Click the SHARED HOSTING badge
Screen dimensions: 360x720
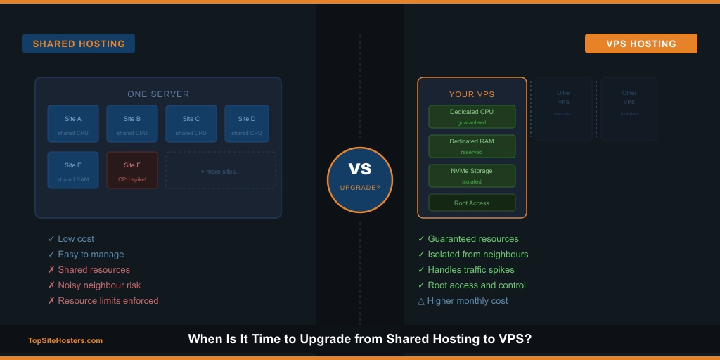coord(79,44)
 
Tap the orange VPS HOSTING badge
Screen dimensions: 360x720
coord(641,44)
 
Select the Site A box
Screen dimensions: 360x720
coord(73,124)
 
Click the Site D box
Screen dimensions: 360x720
coord(247,124)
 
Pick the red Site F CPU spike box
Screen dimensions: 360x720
coord(132,171)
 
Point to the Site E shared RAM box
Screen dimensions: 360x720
coord(73,171)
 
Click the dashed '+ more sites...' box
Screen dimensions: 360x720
coord(220,171)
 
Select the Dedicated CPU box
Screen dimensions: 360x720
coord(472,117)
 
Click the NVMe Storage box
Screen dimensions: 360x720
coord(472,176)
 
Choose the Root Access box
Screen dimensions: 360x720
coord(472,203)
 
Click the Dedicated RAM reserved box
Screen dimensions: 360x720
coord(472,146)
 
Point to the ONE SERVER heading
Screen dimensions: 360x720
coord(158,94)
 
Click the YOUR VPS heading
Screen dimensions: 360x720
coord(472,94)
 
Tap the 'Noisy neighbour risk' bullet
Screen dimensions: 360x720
coord(99,285)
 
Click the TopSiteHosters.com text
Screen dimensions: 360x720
coord(65,341)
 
